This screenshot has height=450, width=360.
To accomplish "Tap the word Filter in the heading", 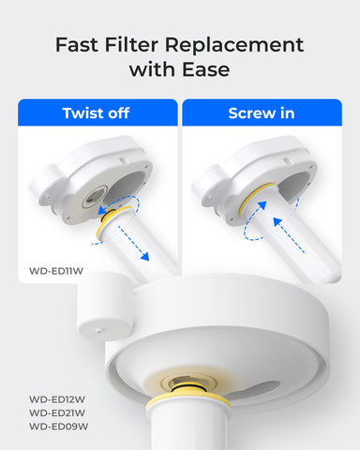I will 138,44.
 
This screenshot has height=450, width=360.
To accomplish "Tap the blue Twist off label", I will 97,113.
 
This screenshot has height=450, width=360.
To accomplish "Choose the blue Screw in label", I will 261,113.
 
